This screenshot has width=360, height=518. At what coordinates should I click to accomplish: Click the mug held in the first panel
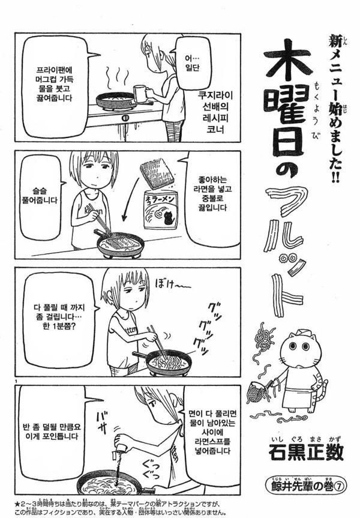coord(140,93)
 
